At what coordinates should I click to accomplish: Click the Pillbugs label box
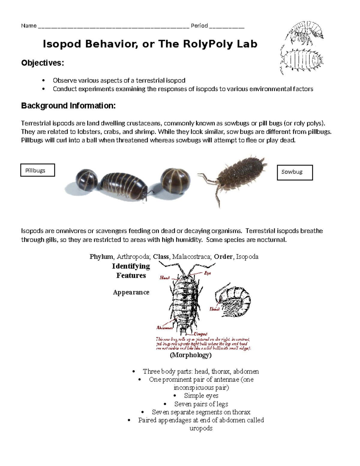point(37,170)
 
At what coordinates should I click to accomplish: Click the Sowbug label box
point(295,172)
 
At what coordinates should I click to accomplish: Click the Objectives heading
point(42,63)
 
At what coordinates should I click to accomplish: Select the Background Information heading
point(68,106)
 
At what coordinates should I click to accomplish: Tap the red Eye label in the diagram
point(207,273)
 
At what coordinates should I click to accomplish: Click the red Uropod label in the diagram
point(200,334)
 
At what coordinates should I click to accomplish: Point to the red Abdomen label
point(164,328)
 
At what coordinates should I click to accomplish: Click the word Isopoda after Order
point(247,257)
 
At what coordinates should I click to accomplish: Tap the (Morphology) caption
point(190,355)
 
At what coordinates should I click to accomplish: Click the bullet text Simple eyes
point(201,395)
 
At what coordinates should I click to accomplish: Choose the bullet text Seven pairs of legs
point(201,404)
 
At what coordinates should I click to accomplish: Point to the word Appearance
point(131,292)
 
